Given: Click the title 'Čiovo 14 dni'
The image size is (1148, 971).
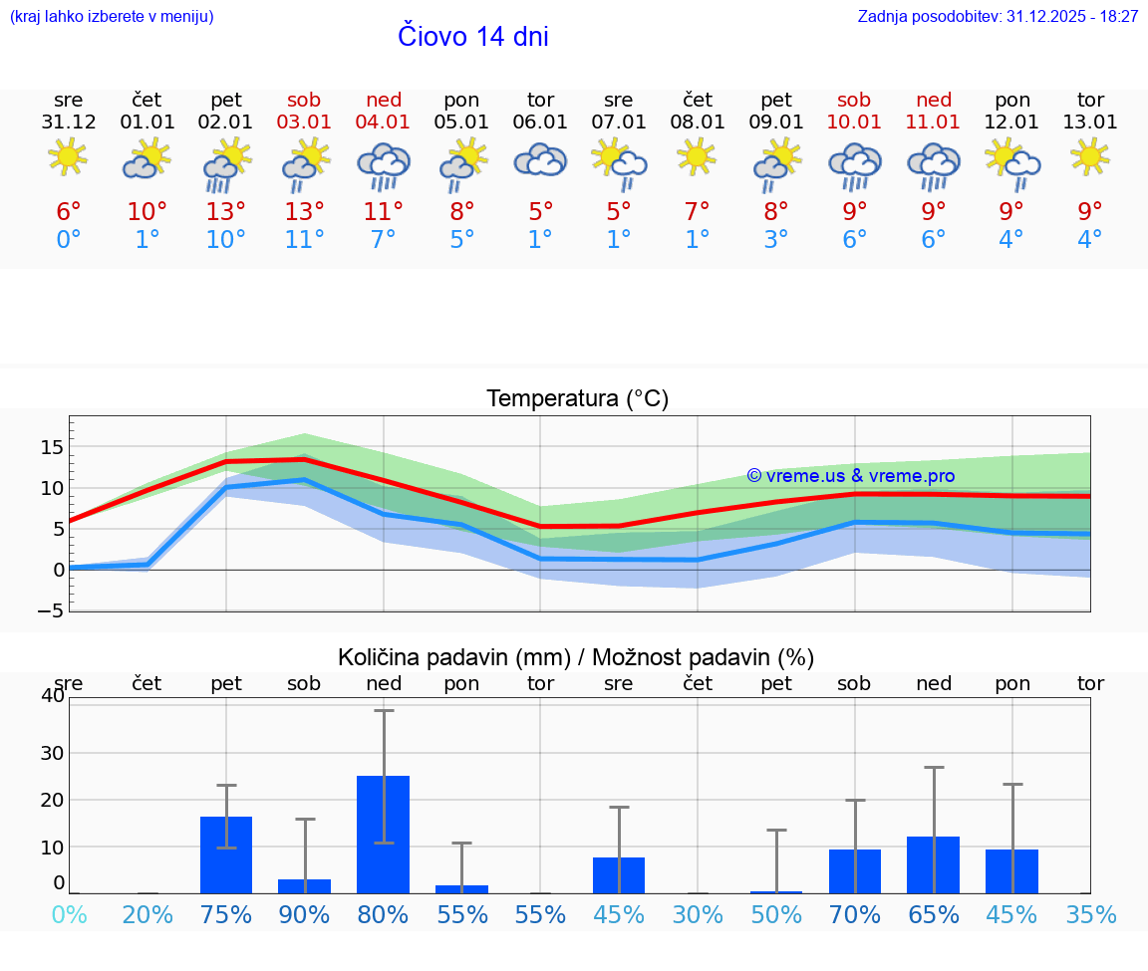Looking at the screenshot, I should pyautogui.click(x=472, y=36).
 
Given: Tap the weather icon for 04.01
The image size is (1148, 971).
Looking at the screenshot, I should pyautogui.click(x=384, y=166).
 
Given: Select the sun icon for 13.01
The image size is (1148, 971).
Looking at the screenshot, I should pyautogui.click(x=1090, y=156).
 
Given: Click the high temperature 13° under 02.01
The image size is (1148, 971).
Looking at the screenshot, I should pyautogui.click(x=226, y=212).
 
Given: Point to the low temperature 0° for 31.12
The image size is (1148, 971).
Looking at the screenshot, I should pyautogui.click(x=69, y=240).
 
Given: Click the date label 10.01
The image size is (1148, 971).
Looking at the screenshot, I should pyautogui.click(x=854, y=122).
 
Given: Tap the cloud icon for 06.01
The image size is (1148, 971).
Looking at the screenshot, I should pyautogui.click(x=540, y=160).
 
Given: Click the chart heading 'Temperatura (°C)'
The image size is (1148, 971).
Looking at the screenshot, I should pyautogui.click(x=577, y=399).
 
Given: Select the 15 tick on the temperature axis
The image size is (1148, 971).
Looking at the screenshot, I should pyautogui.click(x=52, y=447).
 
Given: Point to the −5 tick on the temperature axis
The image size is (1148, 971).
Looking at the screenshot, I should pyautogui.click(x=51, y=610).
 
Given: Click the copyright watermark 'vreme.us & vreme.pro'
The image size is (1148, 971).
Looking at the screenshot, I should pyautogui.click(x=851, y=476).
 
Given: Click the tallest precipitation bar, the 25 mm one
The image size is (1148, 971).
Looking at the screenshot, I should pyautogui.click(x=384, y=834).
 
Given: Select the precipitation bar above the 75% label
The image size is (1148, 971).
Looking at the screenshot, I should pyautogui.click(x=226, y=854).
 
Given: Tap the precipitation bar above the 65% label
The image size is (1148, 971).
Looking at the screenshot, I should pyautogui.click(x=933, y=864).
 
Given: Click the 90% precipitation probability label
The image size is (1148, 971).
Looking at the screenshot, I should pyautogui.click(x=305, y=915).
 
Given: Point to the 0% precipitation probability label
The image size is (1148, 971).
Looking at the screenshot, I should pyautogui.click(x=69, y=915).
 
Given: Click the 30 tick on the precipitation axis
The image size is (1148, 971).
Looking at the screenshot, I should pyautogui.click(x=52, y=753).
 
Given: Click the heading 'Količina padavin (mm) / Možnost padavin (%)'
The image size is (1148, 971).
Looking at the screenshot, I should pyautogui.click(x=576, y=657).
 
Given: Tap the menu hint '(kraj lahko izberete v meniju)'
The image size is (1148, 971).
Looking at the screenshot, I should pyautogui.click(x=112, y=17).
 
